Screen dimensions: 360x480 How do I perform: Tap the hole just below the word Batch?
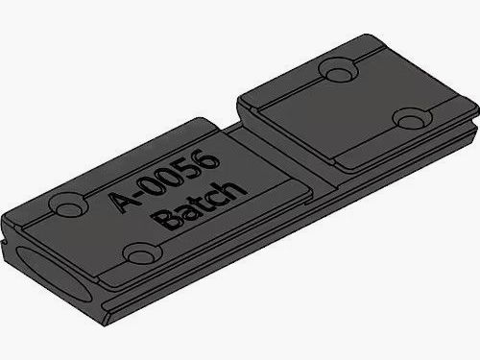[142, 253]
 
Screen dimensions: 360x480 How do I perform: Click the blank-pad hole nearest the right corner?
[412, 120]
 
